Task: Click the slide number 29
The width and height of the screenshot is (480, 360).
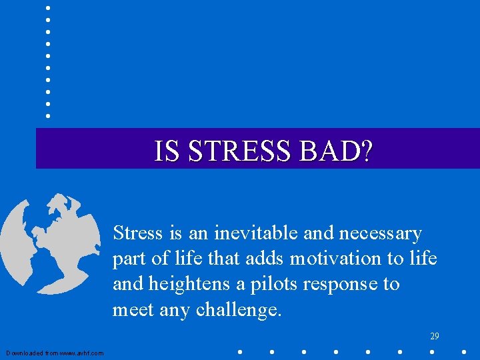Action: tap(434, 337)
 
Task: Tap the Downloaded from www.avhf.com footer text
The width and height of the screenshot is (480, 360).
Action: tap(55, 353)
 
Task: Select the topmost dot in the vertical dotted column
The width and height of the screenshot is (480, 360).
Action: tap(48, 8)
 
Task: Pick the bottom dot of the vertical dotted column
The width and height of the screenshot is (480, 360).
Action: tap(48, 116)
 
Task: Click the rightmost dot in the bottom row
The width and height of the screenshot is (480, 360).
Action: tap(465, 351)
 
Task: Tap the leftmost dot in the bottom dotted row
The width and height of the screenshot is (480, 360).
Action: tap(239, 351)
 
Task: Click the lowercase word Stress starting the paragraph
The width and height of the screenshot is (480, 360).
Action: tap(137, 233)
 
